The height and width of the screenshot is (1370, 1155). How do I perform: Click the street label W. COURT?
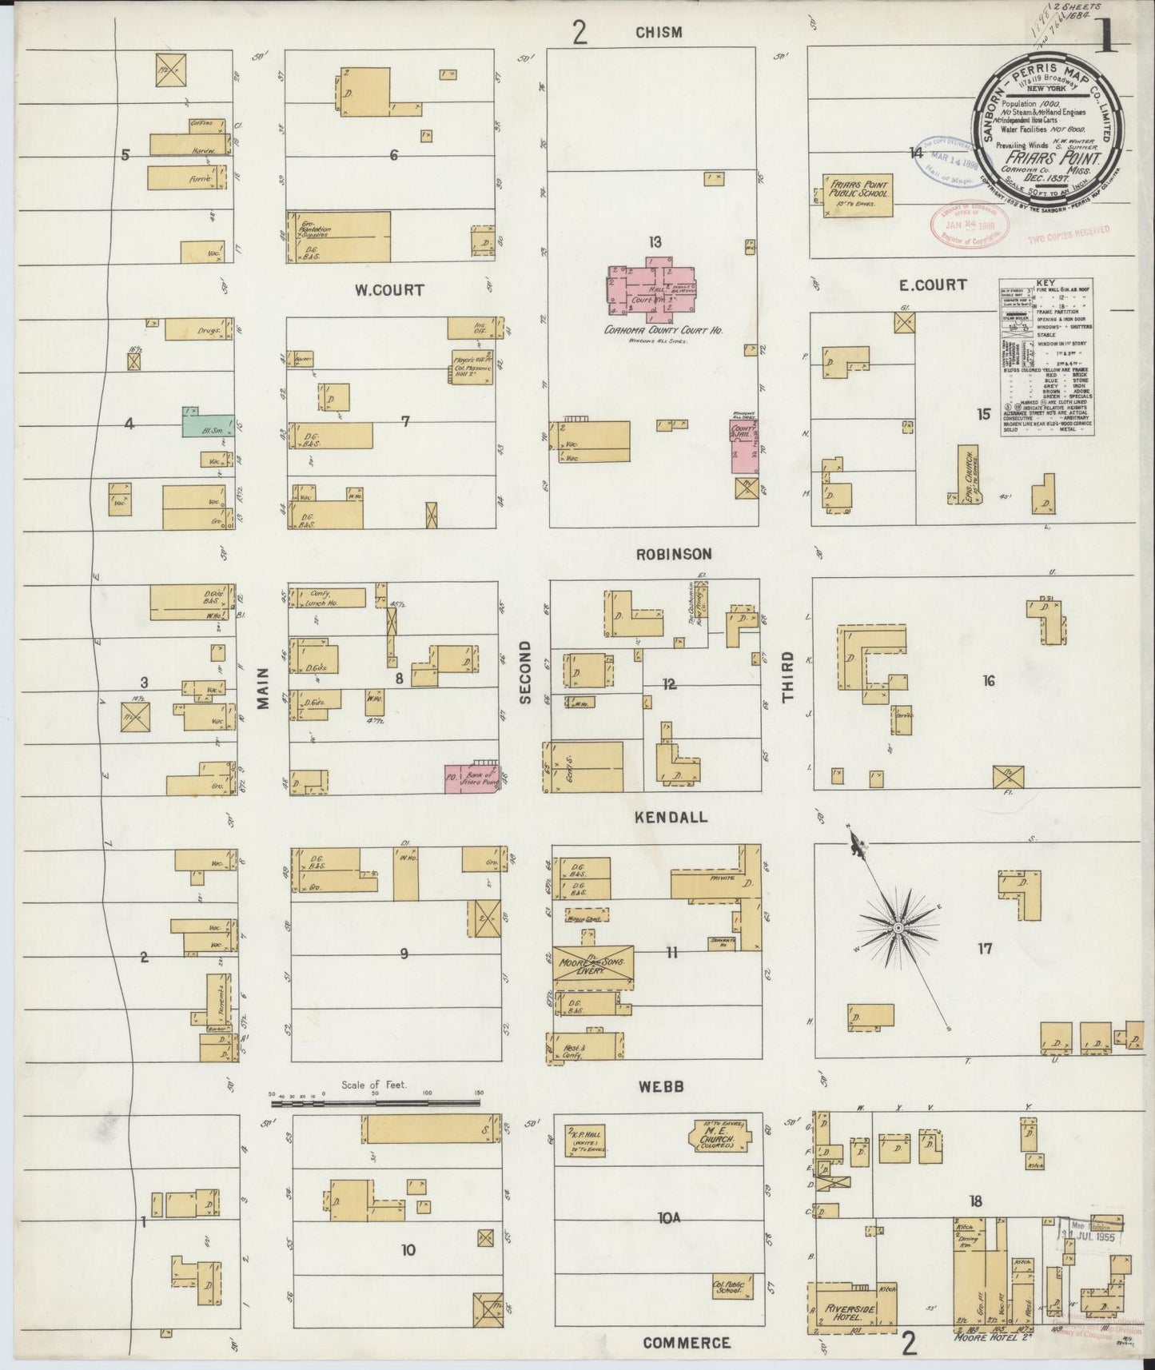pyautogui.click(x=389, y=289)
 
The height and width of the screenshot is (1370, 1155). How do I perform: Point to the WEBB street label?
pyautogui.click(x=659, y=1086)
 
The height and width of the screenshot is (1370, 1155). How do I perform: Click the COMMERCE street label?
pyautogui.click(x=687, y=1343)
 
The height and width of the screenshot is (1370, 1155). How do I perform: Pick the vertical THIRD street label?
pyautogui.click(x=788, y=677)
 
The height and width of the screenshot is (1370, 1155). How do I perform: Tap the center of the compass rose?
pyautogui.click(x=898, y=927)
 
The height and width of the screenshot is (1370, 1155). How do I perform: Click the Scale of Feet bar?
pyautogui.click(x=376, y=1103)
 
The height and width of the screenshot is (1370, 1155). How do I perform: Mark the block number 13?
pyautogui.click(x=655, y=241)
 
